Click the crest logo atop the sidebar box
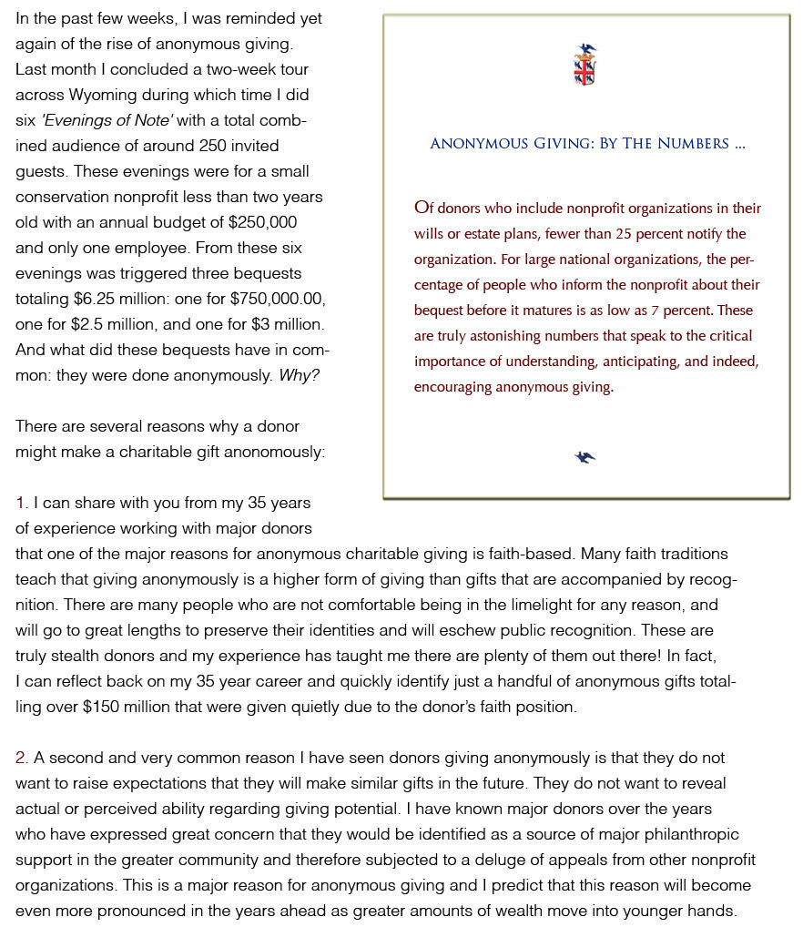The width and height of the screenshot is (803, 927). click(584, 65)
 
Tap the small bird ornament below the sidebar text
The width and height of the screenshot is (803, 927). click(585, 456)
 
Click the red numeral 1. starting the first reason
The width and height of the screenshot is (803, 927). click(22, 503)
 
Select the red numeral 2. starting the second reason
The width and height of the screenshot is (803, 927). click(23, 758)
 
